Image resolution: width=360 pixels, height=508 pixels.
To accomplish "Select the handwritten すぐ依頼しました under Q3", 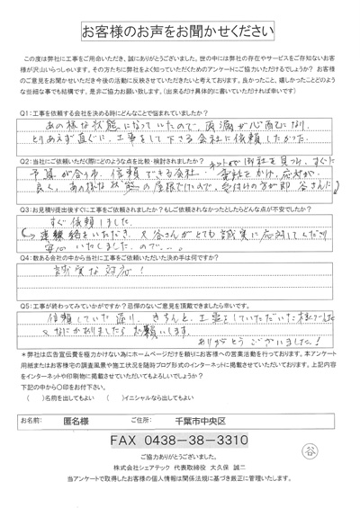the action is [91, 221].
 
